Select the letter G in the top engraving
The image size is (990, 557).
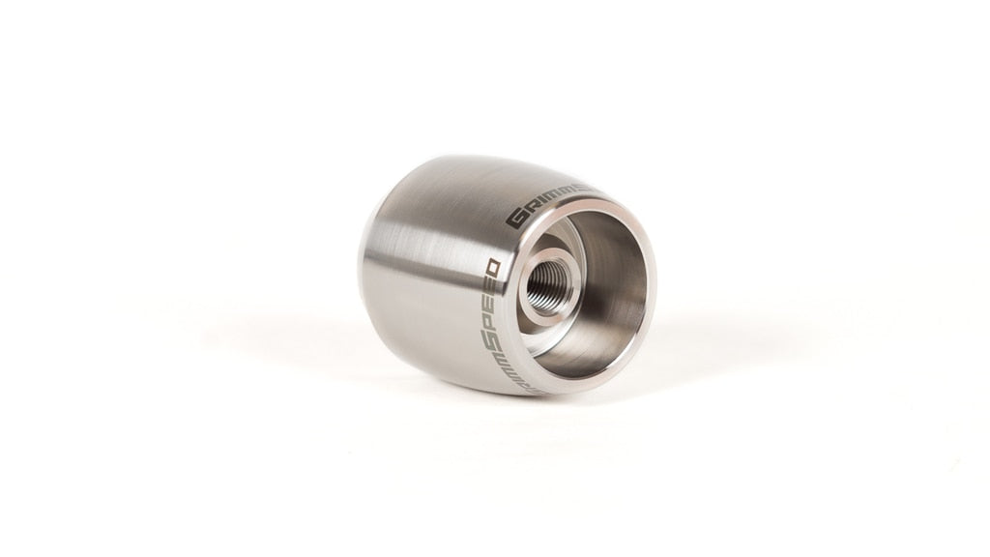516,219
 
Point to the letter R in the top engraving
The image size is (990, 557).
534,207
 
